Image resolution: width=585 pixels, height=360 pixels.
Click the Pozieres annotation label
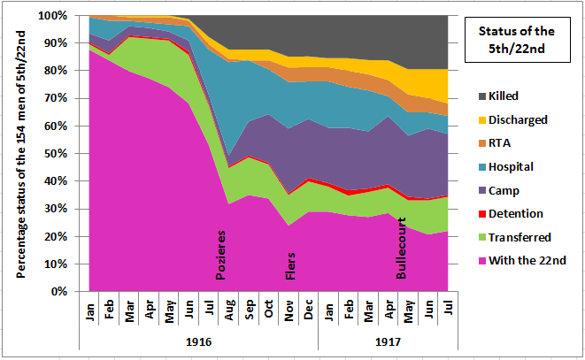click(x=222, y=257)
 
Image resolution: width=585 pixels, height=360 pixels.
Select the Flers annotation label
click(x=290, y=264)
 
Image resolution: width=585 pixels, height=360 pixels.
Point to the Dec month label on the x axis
click(x=309, y=312)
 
